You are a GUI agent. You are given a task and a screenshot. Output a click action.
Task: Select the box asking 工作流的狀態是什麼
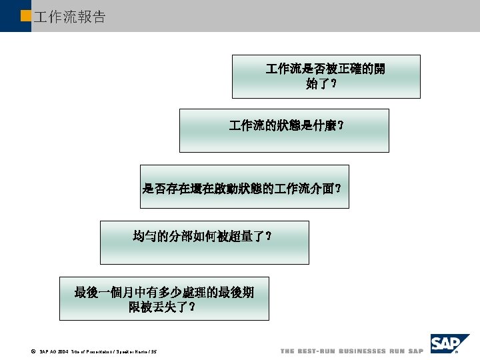283,131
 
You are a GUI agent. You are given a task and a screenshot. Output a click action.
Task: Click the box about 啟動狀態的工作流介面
244,187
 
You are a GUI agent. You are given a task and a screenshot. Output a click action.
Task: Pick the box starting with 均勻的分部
204,243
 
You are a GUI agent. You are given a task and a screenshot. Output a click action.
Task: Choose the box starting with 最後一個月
164,299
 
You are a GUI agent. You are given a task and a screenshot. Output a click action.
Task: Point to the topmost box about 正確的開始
326,76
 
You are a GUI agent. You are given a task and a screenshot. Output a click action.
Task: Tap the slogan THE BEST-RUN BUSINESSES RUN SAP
351,351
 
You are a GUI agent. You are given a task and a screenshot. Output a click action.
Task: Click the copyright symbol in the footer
33,351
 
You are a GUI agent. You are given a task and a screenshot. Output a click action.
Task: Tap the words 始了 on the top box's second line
317,84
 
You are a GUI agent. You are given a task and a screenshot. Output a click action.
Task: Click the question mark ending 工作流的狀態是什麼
341,125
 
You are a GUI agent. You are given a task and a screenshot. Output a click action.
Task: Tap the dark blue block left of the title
15,16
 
